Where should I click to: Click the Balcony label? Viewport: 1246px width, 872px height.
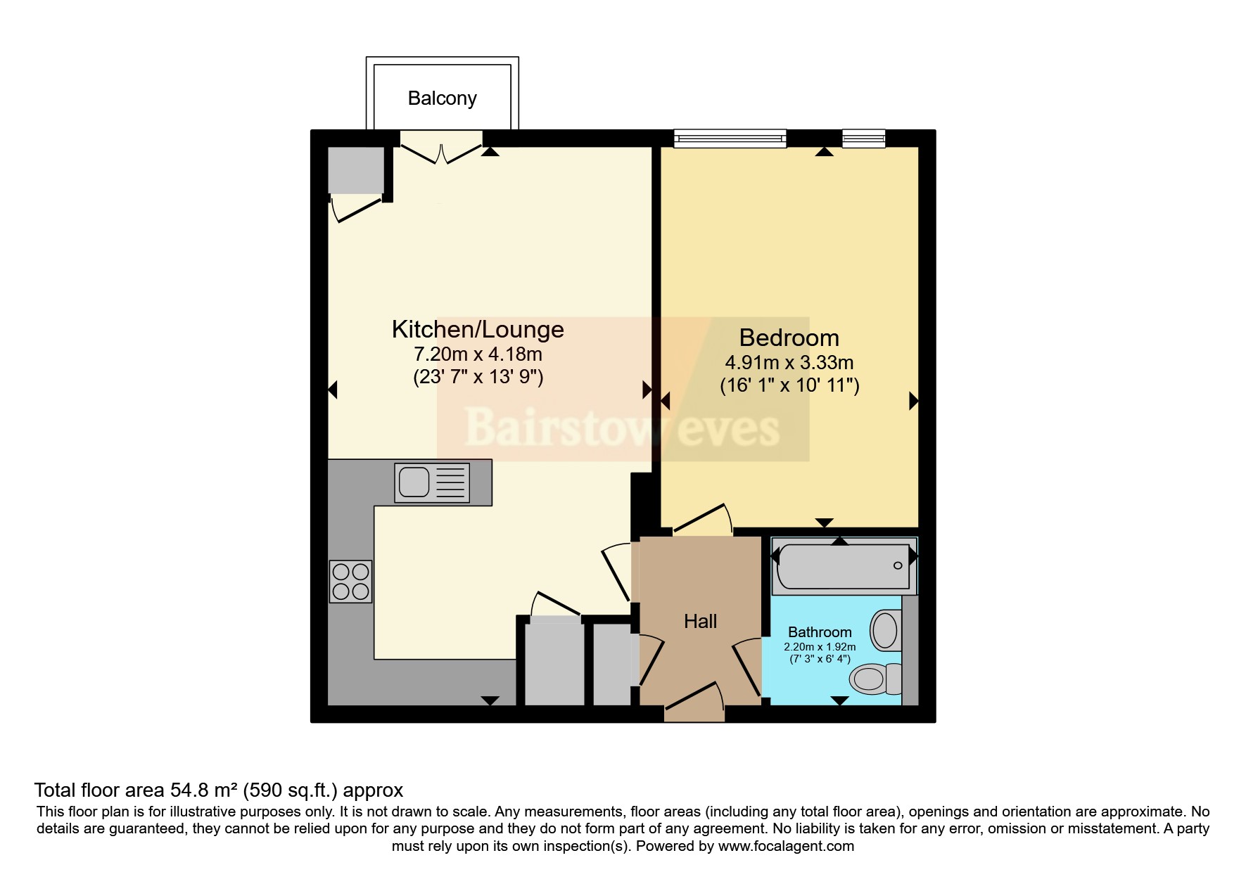point(442,98)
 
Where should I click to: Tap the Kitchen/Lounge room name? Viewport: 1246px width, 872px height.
point(478,329)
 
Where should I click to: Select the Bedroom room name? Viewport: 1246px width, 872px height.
point(789,338)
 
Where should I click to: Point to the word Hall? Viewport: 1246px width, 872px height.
point(700,621)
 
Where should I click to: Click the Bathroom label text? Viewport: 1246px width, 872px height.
point(820,632)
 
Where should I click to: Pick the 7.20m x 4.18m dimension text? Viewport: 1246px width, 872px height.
point(478,354)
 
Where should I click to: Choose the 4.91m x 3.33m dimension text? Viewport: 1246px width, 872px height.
point(789,363)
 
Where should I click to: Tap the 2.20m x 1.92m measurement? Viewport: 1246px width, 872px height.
point(820,647)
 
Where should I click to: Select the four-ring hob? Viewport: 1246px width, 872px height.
point(350,582)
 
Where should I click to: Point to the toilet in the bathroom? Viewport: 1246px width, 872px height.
point(876,679)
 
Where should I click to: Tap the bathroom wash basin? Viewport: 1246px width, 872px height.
point(886,630)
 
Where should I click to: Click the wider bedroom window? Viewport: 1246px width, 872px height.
point(730,139)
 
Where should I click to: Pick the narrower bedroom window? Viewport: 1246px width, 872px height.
point(863,139)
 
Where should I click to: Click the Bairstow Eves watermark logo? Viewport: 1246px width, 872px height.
point(623,426)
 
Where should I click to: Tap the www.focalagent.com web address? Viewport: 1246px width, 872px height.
point(786,846)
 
